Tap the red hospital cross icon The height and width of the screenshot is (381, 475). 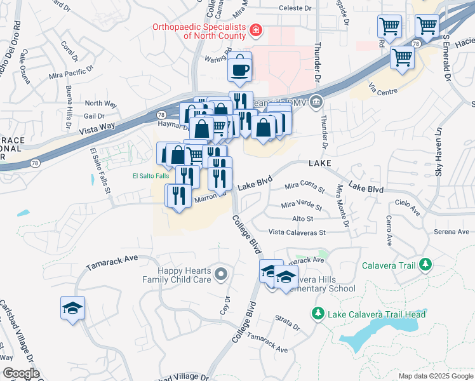pyautogui.click(x=255, y=30)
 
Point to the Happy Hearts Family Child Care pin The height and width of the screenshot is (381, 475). pyautogui.click(x=221, y=274)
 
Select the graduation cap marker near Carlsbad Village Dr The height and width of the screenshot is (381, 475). pyautogui.click(x=73, y=309)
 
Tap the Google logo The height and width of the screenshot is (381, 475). pyautogui.click(x=21, y=373)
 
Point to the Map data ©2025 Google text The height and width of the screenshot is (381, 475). pyautogui.click(x=434, y=376)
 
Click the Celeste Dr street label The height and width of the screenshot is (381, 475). pyautogui.click(x=296, y=9)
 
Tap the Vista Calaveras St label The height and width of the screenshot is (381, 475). pyautogui.click(x=297, y=233)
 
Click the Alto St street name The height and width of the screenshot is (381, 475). pyautogui.click(x=302, y=219)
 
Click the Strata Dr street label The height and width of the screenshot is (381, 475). pyautogui.click(x=288, y=323)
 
